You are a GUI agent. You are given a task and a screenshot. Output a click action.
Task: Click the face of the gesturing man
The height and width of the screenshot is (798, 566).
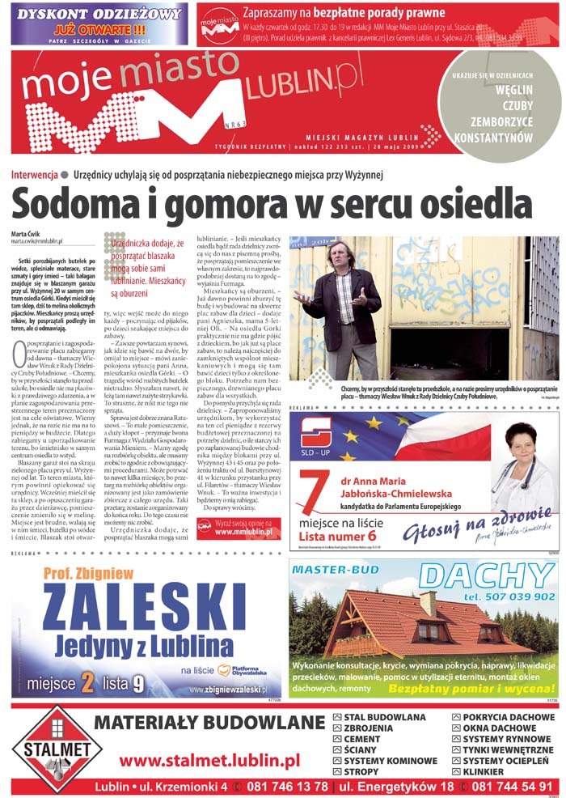(x=340, y=257)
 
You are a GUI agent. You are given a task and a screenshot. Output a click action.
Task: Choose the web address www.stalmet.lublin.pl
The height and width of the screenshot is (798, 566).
(x=209, y=760)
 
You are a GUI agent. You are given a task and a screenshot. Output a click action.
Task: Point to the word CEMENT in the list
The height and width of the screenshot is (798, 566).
(x=361, y=739)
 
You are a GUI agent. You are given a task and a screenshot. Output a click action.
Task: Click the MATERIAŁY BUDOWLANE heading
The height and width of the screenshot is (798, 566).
(x=210, y=723)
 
